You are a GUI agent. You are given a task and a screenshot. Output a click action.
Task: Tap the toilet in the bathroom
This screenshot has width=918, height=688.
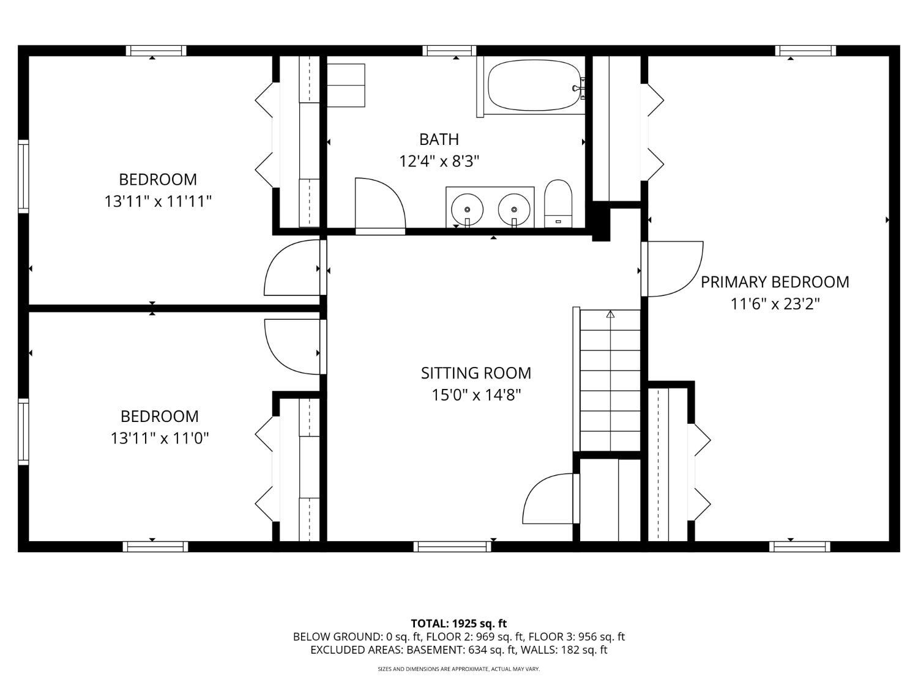558,204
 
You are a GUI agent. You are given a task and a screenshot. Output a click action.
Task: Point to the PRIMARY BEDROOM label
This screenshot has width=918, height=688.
775,282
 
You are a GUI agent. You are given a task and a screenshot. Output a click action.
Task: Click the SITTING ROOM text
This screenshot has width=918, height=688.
476,373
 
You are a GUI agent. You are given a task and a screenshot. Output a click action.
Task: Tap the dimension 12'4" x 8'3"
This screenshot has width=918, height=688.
439,161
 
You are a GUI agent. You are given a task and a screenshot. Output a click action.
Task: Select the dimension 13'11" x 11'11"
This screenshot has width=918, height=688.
158,201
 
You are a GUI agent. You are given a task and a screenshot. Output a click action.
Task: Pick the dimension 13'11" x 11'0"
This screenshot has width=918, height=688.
160,438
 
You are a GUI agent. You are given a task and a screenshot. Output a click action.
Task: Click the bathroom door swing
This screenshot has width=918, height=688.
379,205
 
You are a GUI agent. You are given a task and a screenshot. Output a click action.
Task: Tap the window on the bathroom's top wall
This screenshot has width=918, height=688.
449,51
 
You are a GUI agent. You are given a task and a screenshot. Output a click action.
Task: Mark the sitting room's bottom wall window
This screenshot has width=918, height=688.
452,546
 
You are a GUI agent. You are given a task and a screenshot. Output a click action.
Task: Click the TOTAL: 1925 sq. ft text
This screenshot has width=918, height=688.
458,624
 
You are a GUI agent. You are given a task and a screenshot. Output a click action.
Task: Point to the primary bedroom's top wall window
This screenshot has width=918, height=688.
805,51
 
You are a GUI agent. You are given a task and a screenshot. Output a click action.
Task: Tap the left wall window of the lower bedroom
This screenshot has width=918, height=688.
23,432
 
